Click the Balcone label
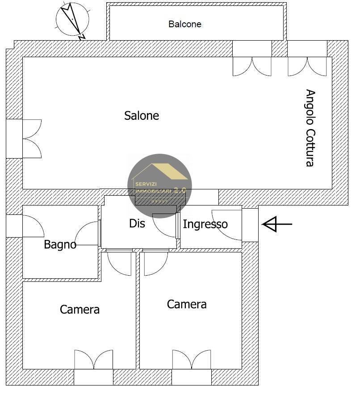185,24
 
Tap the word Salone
142,116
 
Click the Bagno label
60,245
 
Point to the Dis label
137,223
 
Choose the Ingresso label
205,224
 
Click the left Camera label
80,309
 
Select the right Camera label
187,304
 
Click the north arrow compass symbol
72,20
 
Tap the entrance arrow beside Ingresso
277,224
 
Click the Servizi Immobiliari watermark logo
159,186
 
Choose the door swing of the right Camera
155,264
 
